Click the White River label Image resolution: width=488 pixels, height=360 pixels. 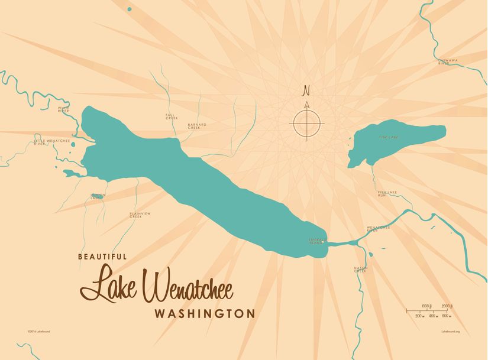coord(64,109)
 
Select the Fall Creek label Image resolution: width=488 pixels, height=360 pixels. coord(172,117)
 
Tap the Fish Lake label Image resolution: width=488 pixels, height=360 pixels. coord(389,137)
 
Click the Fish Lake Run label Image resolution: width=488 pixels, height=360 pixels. coord(386,193)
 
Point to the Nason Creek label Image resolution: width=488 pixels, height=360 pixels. coord(360,270)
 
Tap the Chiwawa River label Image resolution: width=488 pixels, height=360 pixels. coord(448,61)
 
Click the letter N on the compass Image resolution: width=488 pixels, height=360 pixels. coord(306,90)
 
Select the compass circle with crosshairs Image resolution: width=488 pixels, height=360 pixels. coord(306,124)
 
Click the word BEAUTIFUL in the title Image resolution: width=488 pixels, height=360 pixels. coord(102,257)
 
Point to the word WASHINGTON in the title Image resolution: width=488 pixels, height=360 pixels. coord(205,313)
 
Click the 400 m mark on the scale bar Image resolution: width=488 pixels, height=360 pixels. coord(432,316)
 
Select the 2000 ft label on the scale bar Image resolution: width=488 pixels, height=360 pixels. coord(447,306)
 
